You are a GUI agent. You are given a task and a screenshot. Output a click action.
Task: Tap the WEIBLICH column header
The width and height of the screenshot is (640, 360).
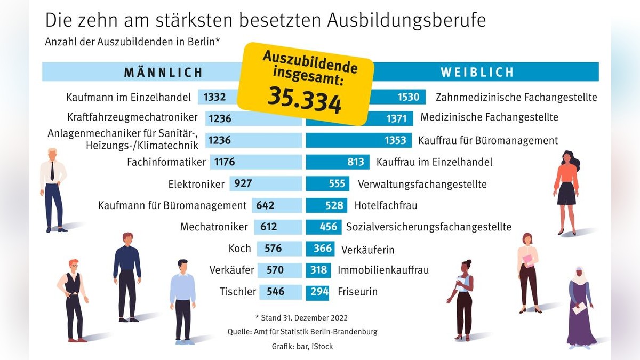pyautogui.click(x=477, y=72)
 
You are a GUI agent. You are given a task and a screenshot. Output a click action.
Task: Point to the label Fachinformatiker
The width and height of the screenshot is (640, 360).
pyautogui.click(x=166, y=162)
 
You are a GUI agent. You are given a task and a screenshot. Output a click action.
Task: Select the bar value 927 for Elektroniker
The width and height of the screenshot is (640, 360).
pyautogui.click(x=243, y=184)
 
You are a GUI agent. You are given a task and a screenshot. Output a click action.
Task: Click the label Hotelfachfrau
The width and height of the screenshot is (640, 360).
pyautogui.click(x=386, y=205)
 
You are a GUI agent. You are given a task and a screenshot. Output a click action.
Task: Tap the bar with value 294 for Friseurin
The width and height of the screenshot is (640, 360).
pyautogui.click(x=318, y=292)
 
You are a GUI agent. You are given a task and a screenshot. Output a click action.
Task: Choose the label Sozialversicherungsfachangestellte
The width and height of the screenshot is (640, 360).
pyautogui.click(x=429, y=227)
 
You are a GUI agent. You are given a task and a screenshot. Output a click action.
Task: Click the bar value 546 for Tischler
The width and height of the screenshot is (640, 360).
pyautogui.click(x=275, y=292)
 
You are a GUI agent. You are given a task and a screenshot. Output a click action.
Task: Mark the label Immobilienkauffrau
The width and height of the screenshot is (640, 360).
pyautogui.click(x=383, y=270)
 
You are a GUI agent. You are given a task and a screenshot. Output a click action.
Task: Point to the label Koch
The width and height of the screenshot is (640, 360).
pyautogui.click(x=239, y=249)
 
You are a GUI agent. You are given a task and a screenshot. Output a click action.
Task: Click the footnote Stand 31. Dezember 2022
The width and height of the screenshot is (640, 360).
pyautogui.click(x=301, y=318)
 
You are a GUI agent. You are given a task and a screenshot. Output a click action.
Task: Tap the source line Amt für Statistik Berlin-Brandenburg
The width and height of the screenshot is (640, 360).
pyautogui.click(x=302, y=332)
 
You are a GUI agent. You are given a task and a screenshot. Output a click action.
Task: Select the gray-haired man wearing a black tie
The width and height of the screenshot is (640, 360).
pyautogui.click(x=53, y=189)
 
